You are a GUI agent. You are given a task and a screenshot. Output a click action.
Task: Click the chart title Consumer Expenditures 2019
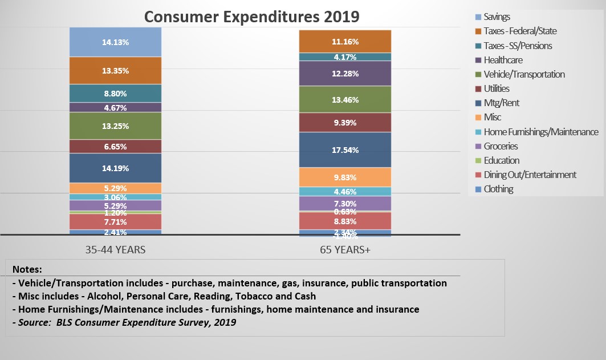click(251, 16)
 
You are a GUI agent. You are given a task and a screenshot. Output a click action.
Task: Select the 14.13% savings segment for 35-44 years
click(115, 42)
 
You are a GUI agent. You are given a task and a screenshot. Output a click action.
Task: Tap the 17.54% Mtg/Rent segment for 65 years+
click(345, 150)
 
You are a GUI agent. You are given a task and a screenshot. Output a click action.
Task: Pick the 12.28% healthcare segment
click(345, 74)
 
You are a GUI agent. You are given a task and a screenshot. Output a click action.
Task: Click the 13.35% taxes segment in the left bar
click(115, 71)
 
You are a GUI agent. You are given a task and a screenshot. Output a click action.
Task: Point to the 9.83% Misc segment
click(345, 177)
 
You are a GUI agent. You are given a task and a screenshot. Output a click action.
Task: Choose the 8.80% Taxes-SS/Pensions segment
click(115, 94)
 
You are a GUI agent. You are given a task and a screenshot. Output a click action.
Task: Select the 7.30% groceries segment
click(345, 204)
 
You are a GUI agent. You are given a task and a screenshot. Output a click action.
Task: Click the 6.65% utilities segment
click(115, 147)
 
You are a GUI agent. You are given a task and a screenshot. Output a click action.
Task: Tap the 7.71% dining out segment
click(115, 222)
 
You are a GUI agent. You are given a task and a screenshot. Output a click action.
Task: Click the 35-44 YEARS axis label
click(115, 249)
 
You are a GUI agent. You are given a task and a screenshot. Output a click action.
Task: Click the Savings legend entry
click(497, 17)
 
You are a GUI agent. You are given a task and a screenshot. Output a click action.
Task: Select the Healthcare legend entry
click(503, 60)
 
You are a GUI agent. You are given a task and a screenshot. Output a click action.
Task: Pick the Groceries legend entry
click(501, 146)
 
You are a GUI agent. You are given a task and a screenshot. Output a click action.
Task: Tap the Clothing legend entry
click(498, 189)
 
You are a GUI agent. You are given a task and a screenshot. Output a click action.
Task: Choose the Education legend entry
click(501, 160)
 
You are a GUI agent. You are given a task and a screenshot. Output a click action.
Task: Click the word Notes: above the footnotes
click(27, 269)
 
